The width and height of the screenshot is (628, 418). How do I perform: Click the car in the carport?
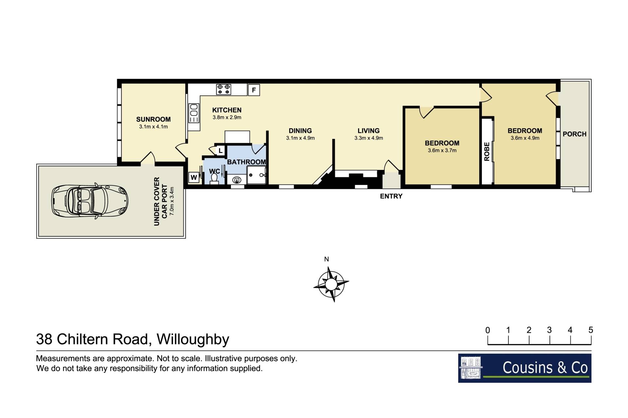(90, 201)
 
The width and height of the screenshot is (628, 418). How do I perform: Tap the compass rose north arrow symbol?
(331, 284)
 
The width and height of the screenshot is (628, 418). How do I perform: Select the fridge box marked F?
(254, 90)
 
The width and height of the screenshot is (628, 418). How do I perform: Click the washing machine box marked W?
(194, 177)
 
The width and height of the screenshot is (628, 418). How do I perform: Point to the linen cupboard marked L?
(220, 150)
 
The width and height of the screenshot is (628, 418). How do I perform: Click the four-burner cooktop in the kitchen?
(223, 89)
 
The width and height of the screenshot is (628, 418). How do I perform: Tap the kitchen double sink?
(194, 113)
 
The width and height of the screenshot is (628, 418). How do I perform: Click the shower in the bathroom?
(257, 175)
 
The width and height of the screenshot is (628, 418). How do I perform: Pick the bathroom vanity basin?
(236, 180)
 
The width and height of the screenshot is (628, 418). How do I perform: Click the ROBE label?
(487, 152)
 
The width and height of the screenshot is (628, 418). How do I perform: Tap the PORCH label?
(574, 134)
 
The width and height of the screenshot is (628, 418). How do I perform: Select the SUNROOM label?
(153, 119)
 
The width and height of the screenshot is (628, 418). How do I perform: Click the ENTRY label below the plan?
(391, 196)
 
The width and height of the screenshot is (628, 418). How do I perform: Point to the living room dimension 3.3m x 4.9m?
(369, 138)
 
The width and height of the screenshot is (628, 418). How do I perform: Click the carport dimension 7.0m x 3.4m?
(172, 201)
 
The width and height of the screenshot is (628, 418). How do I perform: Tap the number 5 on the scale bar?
(591, 330)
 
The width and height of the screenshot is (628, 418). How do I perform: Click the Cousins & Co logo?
(525, 368)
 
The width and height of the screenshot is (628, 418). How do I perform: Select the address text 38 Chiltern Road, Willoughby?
(132, 339)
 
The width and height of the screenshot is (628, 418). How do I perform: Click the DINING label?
(300, 131)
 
